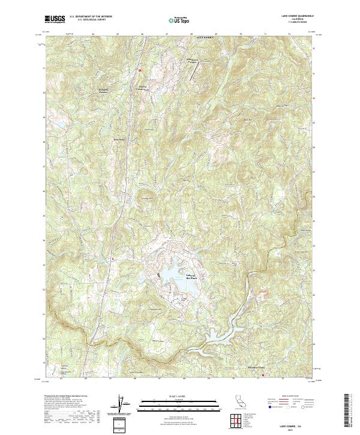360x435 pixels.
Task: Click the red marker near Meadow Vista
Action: coord(263,376)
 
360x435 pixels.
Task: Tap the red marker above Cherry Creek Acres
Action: coord(139,70)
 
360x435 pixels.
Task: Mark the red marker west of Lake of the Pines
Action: coord(112,259)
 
